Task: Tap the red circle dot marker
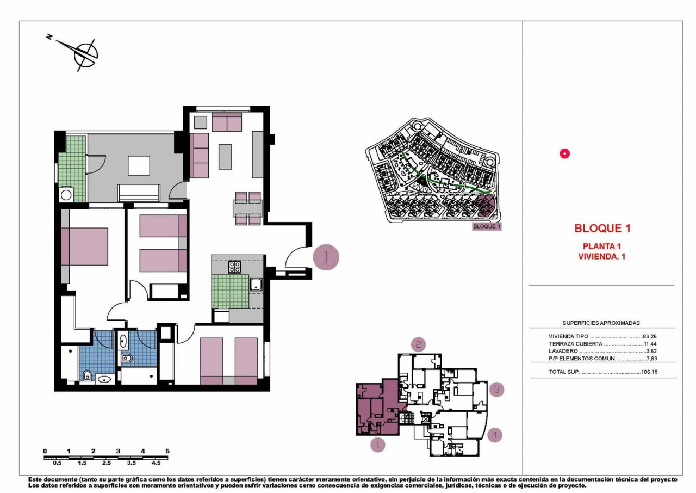coord(564,154)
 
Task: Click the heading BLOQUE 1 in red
coord(602,229)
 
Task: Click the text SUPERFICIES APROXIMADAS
coord(601,323)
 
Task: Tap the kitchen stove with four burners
coord(234,267)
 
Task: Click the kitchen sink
coord(256,284)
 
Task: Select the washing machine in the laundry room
coord(67,195)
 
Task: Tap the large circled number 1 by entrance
coord(326,257)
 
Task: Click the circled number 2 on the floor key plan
coord(418,344)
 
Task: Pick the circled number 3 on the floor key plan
coord(496,389)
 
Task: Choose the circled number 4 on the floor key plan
coord(494,435)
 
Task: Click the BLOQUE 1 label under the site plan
coord(486,226)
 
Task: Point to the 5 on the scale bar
coord(167,451)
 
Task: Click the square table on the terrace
coord(139,165)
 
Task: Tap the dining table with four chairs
coord(248,208)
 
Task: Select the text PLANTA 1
coord(602,246)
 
